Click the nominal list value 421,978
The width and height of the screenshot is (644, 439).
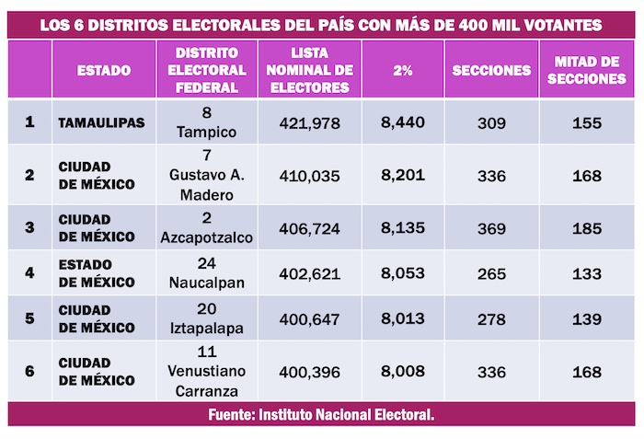pyautogui.click(x=312, y=122)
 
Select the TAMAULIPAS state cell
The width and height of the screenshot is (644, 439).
pyautogui.click(x=101, y=122)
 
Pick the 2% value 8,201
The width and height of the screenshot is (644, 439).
pyautogui.click(x=405, y=174)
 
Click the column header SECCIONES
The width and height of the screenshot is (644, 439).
pyautogui.click(x=491, y=70)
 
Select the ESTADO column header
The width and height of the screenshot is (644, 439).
pyautogui.click(x=103, y=70)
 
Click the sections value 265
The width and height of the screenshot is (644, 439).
pyautogui.click(x=491, y=272)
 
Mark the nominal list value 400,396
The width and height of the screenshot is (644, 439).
pyautogui.click(x=312, y=370)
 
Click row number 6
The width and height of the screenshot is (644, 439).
pyautogui.click(x=29, y=370)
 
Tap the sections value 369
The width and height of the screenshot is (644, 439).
pyautogui.click(x=491, y=227)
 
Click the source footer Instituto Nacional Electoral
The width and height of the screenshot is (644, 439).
pyautogui.click(x=321, y=415)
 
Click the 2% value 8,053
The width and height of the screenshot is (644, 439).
pyautogui.click(x=405, y=272)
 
